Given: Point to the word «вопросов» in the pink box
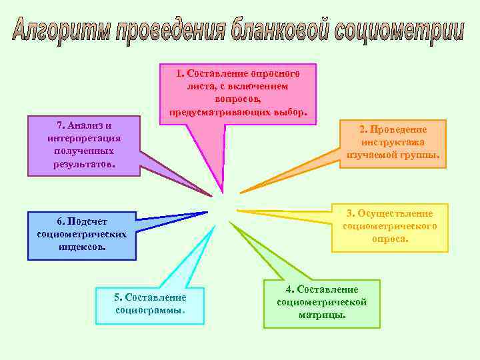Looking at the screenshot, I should (x=237, y=98).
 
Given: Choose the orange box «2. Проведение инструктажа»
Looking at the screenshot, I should (x=393, y=143).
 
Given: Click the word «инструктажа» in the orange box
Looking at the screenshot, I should (x=393, y=142).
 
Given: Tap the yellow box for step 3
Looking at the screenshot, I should (x=390, y=227).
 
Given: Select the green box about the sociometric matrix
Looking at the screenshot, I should (x=321, y=303).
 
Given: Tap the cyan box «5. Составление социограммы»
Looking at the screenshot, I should (x=150, y=305).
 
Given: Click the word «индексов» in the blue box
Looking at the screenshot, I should (x=81, y=246).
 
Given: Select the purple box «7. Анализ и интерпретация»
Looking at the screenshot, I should (x=84, y=146).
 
